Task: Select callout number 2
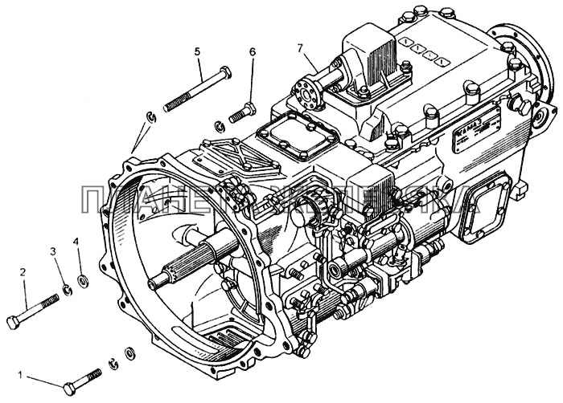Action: tap(23, 273)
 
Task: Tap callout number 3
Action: tap(54, 251)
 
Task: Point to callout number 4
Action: tap(77, 242)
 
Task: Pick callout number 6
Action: tap(252, 53)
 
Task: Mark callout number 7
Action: tap(300, 49)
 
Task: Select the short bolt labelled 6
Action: tap(243, 113)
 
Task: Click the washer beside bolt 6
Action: tap(219, 124)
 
